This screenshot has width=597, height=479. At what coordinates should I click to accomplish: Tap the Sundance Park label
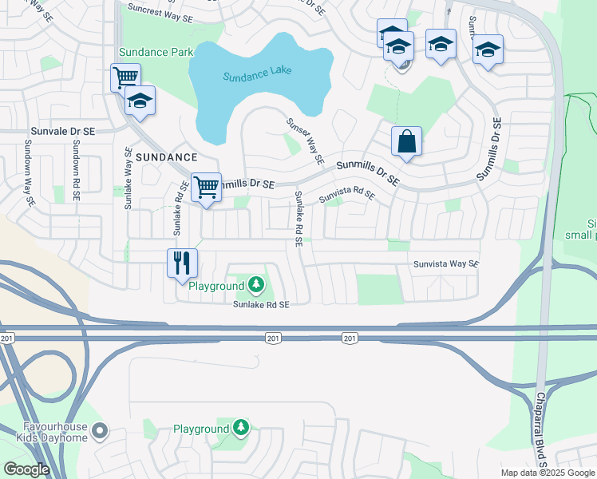[156, 52]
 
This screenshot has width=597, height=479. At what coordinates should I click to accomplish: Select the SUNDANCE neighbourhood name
[166, 157]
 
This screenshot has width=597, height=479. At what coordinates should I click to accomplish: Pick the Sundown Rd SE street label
[76, 164]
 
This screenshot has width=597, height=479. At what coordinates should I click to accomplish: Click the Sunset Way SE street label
[306, 141]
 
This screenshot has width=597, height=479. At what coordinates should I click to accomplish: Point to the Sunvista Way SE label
[445, 263]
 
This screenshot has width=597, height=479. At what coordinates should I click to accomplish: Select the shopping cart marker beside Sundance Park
[125, 78]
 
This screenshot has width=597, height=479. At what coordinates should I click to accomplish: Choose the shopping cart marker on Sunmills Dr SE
[207, 188]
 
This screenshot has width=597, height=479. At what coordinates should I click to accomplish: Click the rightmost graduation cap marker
[488, 50]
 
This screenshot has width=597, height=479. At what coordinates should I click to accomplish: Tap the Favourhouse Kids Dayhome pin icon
[100, 432]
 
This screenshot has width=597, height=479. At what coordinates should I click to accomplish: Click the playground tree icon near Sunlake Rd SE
[255, 284]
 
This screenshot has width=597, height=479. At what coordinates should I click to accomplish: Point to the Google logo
[26, 469]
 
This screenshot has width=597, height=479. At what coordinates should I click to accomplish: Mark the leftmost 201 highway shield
[8, 338]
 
